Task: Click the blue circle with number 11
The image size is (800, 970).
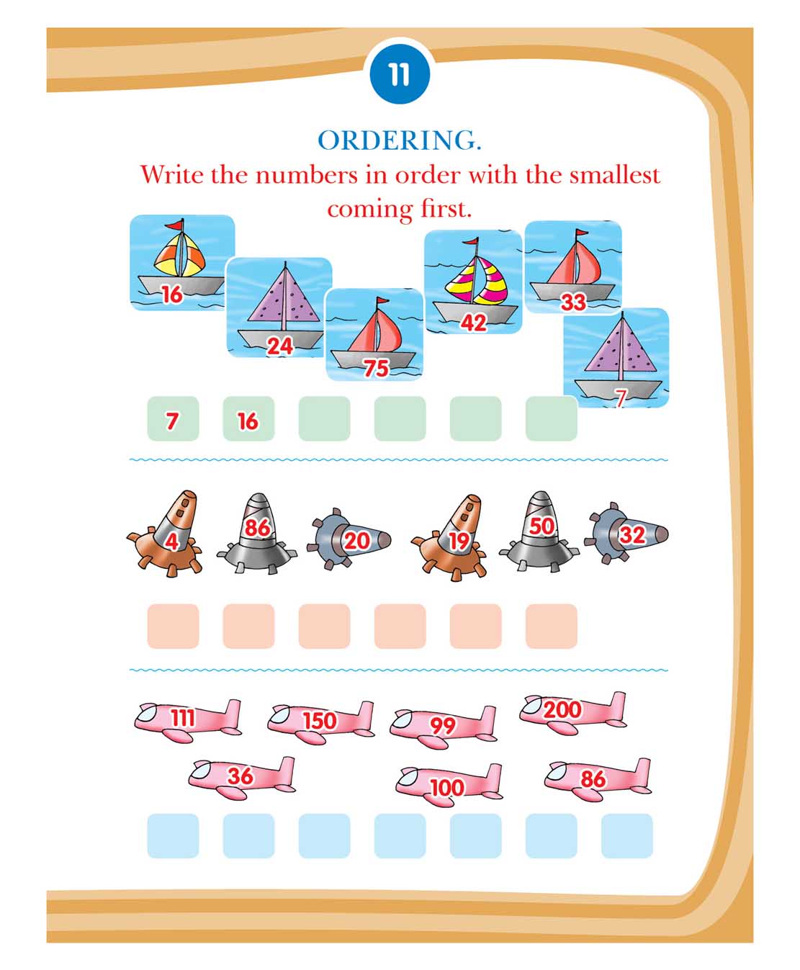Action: click(399, 74)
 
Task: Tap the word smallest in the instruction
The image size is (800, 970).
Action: click(615, 175)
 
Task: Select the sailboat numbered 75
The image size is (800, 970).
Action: click(374, 334)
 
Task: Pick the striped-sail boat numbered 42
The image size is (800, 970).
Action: click(473, 282)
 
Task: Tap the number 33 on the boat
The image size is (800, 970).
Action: click(573, 302)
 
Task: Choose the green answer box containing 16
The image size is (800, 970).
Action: click(248, 418)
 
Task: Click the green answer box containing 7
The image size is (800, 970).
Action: click(173, 418)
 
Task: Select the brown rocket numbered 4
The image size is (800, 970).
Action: click(166, 534)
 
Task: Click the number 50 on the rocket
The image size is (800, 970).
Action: click(541, 526)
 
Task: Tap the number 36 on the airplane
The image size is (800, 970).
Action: click(241, 776)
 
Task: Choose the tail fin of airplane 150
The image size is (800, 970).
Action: click(365, 716)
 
